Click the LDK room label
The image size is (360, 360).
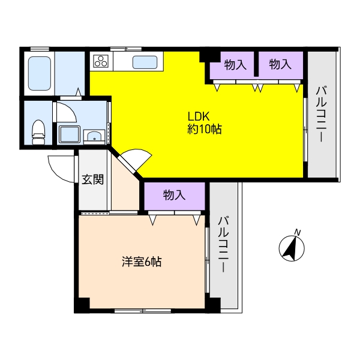click(x=199, y=116)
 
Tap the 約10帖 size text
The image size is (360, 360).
click(x=205, y=129)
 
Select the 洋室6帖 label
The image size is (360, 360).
click(x=142, y=262)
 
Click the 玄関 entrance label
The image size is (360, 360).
click(x=93, y=179)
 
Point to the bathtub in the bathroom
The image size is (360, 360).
click(x=39, y=73)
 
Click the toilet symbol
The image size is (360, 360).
click(x=38, y=133)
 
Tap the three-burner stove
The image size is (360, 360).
click(x=101, y=61)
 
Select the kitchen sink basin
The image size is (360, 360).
click(x=145, y=62)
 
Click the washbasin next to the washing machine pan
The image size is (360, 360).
click(x=94, y=137)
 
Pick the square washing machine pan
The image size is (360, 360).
click(x=70, y=134)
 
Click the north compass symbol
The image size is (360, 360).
click(x=292, y=248)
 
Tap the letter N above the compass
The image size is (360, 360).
click(x=298, y=232)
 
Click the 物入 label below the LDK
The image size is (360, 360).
click(x=174, y=195)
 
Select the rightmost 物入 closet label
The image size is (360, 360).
click(x=280, y=64)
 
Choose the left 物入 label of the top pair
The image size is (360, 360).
click(x=235, y=65)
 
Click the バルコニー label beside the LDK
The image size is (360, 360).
click(x=322, y=114)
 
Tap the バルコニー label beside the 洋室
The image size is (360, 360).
click(x=223, y=244)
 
